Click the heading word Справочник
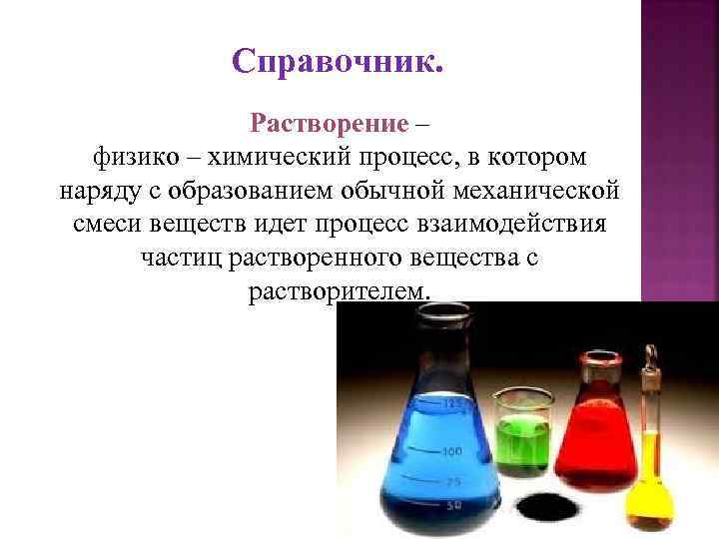tap(337, 61)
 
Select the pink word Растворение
tap(331, 124)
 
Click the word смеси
tap(105, 223)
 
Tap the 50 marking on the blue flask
tap(453, 505)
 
